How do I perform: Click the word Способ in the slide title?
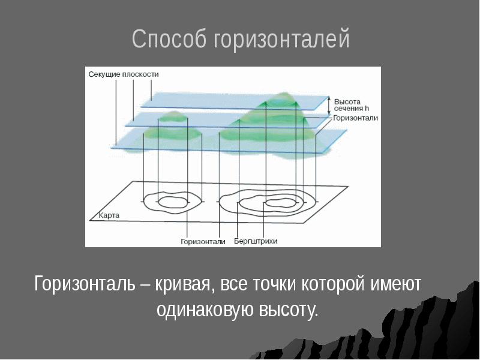coord(170,40)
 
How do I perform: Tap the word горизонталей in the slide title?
coord(281,40)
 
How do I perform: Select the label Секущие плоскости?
coord(124,74)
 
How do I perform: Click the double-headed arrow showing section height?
coord(328,106)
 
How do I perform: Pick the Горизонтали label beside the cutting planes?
coord(356,118)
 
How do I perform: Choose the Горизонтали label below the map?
coord(203,242)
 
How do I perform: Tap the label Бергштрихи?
coord(256,242)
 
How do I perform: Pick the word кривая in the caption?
coord(184,284)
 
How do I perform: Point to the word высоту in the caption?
coord(287,310)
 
